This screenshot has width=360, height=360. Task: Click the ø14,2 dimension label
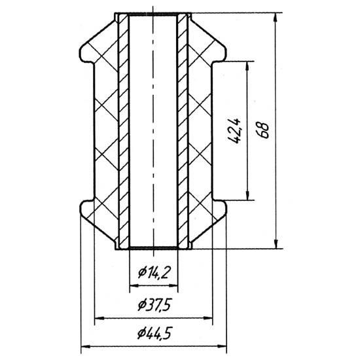(154, 273)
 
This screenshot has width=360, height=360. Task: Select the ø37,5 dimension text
(154, 305)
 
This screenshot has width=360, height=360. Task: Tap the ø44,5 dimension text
(154, 333)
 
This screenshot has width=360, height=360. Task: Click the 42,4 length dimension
(236, 131)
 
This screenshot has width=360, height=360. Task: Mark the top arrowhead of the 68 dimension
(276, 17)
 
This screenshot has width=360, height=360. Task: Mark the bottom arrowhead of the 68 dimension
(276, 244)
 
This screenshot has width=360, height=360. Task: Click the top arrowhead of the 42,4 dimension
(247, 66)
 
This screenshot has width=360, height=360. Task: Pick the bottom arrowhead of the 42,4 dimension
(247, 196)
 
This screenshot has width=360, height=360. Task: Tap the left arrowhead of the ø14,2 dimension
(134, 285)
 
